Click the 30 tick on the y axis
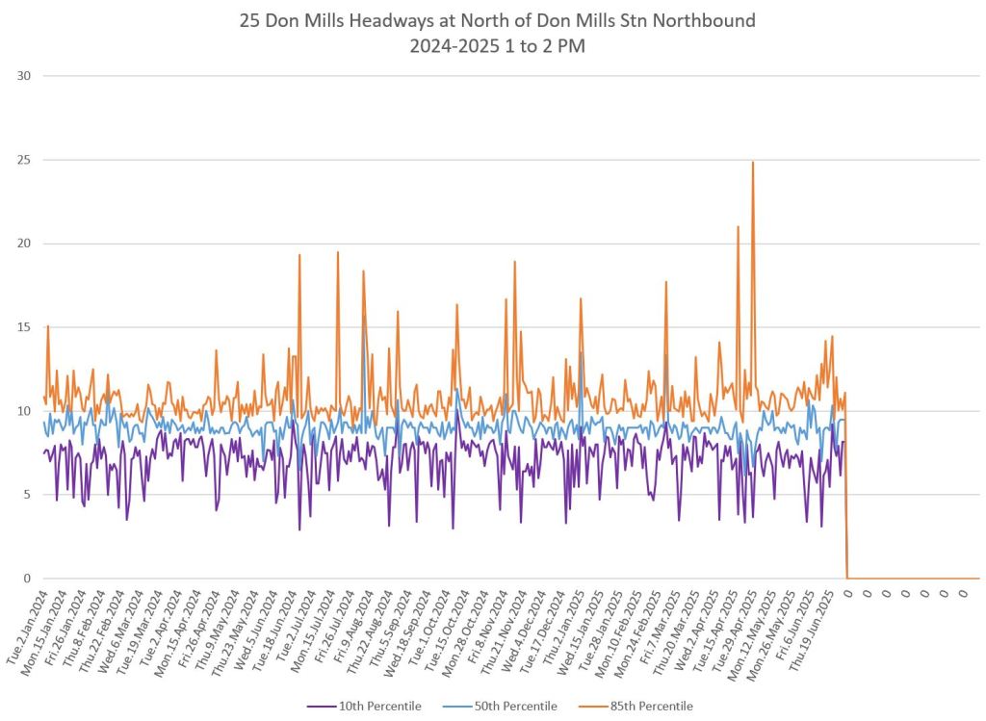[24, 76]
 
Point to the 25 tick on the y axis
[24, 160]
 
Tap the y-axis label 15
[24, 327]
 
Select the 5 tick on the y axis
[27, 495]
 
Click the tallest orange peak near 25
[753, 163]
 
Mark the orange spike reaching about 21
[739, 227]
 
